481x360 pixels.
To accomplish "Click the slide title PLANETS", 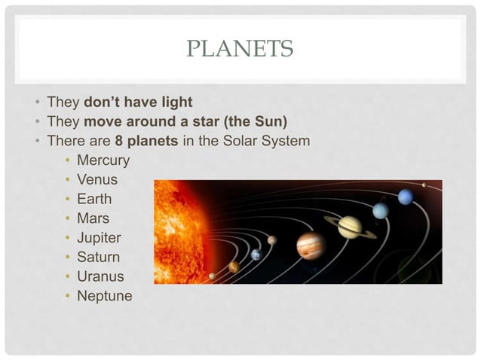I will point(240,50).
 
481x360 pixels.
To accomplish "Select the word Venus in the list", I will point(97,180).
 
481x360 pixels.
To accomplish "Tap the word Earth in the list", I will point(94,200).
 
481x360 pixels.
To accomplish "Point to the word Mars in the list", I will point(93,219).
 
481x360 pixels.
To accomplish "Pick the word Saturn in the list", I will point(98,258).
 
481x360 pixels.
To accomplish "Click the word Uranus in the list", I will point(100,277).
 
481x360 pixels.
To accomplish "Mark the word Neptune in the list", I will point(104,296).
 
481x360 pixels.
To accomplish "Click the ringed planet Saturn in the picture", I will point(350,227).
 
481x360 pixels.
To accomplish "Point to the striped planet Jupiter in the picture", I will point(311,246).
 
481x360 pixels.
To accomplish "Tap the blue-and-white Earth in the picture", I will point(256,255).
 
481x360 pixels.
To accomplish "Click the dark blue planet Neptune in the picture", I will point(406,197).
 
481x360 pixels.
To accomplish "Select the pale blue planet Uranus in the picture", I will point(381,210).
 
